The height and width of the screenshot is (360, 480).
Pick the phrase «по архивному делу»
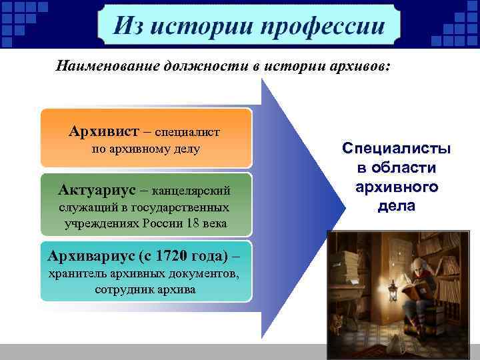click(x=145, y=149)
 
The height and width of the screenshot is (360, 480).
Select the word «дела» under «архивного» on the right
click(x=396, y=207)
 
